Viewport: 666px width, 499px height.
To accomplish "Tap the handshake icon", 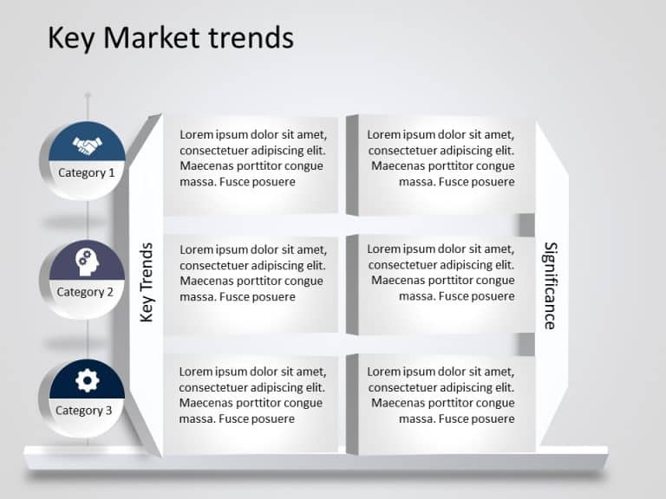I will [x=87, y=144].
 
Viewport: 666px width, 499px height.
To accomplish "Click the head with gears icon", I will [x=87, y=259].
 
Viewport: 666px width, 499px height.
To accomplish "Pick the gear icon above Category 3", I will [x=87, y=379].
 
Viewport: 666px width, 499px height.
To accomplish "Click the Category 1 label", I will [x=86, y=172].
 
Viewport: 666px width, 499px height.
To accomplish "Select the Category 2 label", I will [x=85, y=292].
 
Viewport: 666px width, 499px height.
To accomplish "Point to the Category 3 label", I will [x=84, y=411].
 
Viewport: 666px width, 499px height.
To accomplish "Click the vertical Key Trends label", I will [x=147, y=282].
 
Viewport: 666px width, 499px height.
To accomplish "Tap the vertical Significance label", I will [x=550, y=285].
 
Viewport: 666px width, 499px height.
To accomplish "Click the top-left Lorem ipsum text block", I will [x=252, y=158].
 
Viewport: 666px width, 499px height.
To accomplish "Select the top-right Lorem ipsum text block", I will [x=441, y=158].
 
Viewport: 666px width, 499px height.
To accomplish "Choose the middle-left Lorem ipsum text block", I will [x=252, y=273].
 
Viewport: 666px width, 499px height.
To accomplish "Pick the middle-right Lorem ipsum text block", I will [x=441, y=273].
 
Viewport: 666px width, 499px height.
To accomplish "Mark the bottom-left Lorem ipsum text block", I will [x=252, y=395].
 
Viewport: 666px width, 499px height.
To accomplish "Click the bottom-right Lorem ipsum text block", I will [x=441, y=395].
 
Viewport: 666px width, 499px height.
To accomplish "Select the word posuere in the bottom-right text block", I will [x=492, y=419].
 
